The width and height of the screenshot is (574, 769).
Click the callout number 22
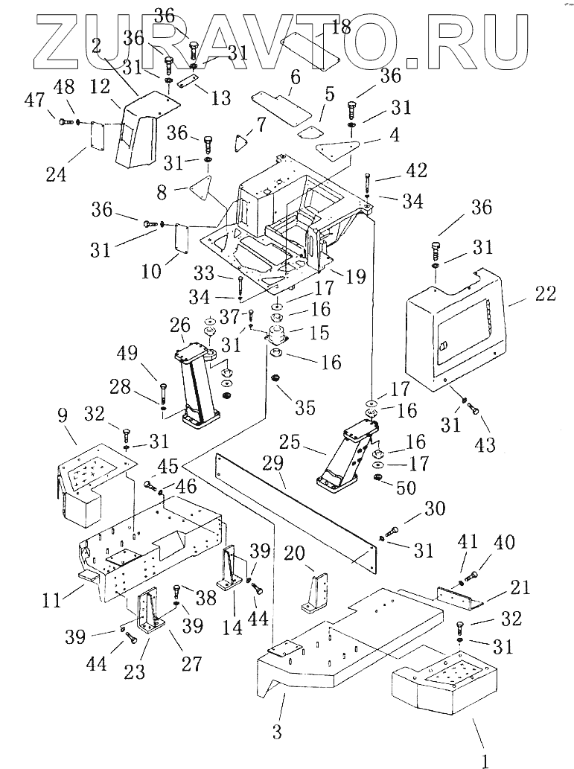545,295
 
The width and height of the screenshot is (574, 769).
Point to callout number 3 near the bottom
277,731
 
